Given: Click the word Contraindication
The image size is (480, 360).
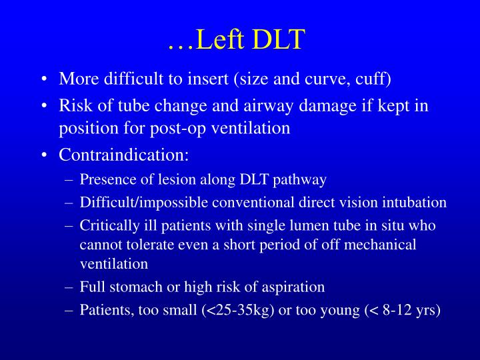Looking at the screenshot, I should tap(124, 155).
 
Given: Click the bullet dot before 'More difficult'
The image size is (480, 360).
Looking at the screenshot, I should tap(43, 80).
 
